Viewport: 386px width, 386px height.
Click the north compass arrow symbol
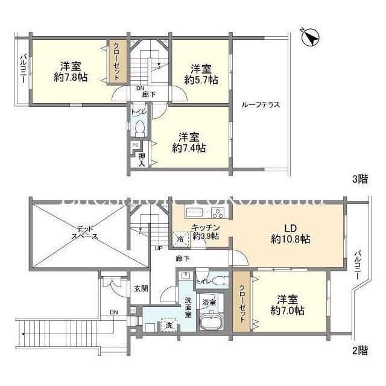pos(310,37)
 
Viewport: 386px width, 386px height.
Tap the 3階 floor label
pos(360,178)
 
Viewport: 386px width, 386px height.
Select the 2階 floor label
pos(360,349)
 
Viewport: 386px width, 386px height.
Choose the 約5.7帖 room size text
pos(201,80)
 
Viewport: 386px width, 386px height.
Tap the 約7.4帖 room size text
pos(189,147)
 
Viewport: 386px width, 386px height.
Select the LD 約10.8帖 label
pos(290,234)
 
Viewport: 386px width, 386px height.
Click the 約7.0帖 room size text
pos(287,311)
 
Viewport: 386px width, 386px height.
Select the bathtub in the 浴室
pos(212,321)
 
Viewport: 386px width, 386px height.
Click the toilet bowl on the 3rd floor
pos(140,128)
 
